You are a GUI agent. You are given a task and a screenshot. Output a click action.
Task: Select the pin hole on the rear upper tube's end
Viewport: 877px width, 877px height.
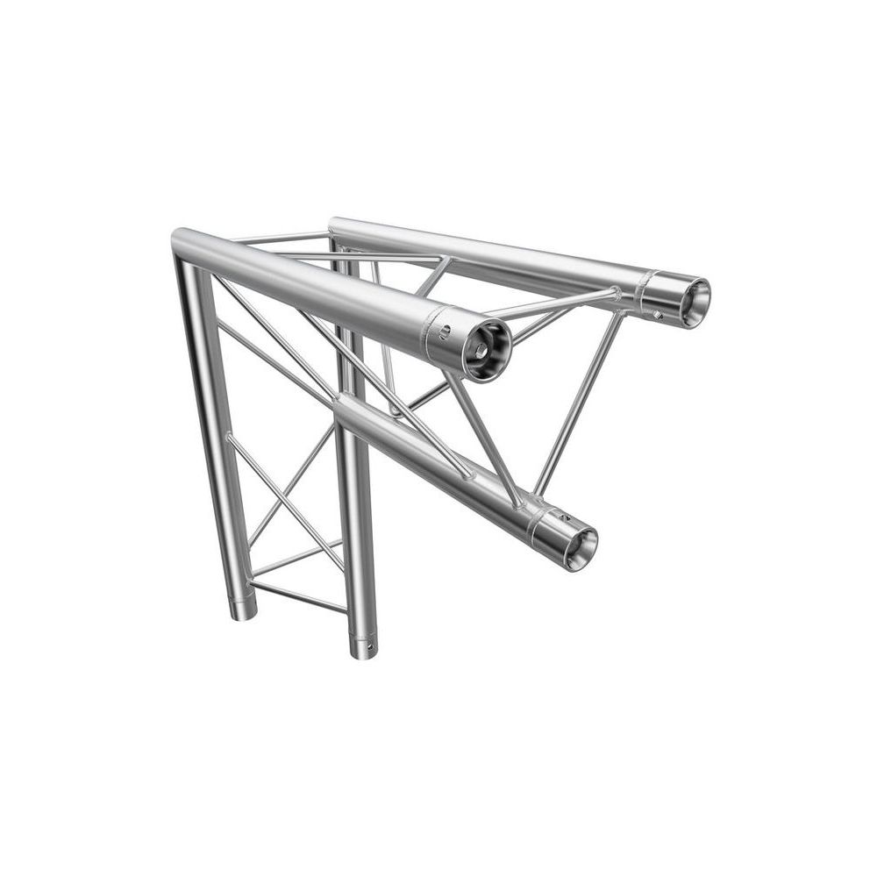[658, 312]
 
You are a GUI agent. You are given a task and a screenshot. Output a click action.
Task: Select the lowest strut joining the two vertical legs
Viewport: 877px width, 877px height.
[298, 596]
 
